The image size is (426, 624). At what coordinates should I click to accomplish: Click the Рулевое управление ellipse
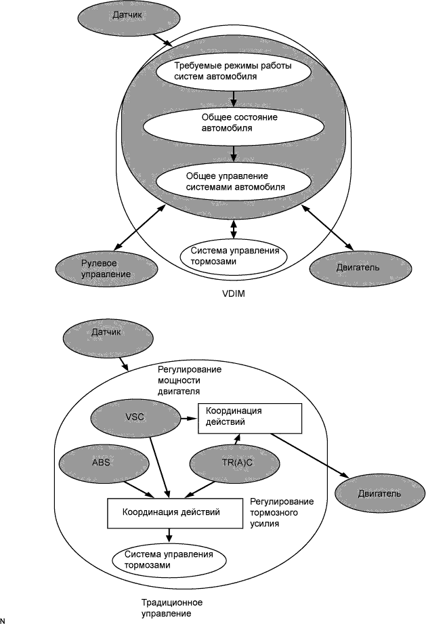tap(107, 268)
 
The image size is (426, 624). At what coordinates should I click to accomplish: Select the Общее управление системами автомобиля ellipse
tap(230, 181)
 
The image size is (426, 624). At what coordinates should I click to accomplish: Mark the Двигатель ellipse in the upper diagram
tap(353, 266)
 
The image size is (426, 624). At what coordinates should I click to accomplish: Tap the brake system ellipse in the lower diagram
tap(168, 559)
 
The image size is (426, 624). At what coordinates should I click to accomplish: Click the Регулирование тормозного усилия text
tap(282, 512)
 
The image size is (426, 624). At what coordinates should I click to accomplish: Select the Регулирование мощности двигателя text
tap(190, 381)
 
